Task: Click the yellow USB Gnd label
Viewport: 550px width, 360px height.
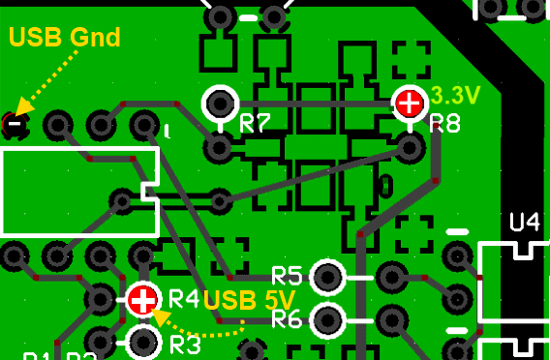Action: [64, 38]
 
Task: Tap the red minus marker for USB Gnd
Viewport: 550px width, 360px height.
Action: [14, 123]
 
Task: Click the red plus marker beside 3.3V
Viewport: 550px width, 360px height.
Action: [409, 102]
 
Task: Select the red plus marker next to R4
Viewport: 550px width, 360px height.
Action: [143, 299]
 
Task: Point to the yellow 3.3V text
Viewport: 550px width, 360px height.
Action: [455, 96]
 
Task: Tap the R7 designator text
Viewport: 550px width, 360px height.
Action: [255, 124]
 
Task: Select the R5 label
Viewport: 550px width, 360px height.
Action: [289, 275]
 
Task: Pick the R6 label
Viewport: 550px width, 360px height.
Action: [289, 318]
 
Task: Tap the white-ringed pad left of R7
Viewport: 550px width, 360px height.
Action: [220, 102]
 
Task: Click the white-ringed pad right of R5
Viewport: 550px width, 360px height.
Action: [327, 277]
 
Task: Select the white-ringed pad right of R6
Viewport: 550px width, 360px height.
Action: [327, 317]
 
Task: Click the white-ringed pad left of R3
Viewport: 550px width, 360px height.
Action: [143, 341]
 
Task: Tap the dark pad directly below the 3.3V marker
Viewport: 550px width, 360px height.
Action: [410, 147]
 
